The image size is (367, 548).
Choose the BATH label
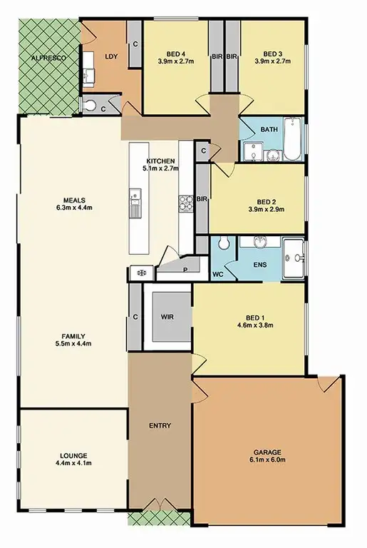click(269, 130)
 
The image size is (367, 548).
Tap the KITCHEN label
click(162, 161)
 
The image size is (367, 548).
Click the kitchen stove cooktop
click(186, 203)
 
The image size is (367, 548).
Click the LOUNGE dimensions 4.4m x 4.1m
click(73, 464)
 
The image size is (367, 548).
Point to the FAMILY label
click(73, 335)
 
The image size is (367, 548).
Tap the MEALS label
click(73, 201)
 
